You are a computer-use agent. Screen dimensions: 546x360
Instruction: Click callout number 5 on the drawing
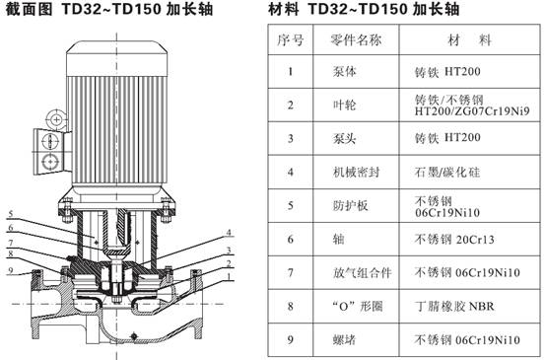[11, 214]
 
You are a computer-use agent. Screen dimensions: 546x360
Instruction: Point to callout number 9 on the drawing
[11, 270]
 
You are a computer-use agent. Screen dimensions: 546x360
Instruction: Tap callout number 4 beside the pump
[229, 233]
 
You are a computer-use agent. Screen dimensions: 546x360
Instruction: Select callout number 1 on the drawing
[229, 276]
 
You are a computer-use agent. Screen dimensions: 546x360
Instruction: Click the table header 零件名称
[356, 40]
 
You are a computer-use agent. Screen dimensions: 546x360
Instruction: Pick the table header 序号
[291, 40]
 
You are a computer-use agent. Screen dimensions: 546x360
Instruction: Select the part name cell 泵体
[344, 71]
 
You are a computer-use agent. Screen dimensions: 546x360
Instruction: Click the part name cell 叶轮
[344, 105]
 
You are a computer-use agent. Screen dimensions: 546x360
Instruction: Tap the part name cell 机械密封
[356, 172]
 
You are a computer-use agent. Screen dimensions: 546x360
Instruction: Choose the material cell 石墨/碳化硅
[447, 172]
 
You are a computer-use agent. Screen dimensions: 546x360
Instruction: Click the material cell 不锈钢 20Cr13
[454, 239]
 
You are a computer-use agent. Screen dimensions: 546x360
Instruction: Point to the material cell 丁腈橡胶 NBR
[454, 307]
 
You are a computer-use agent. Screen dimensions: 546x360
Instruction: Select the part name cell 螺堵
[344, 340]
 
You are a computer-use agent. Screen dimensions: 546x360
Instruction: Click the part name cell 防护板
[350, 205]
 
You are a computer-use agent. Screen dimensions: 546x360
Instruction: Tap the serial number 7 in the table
[291, 272]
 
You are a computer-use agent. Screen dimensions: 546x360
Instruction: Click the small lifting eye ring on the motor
[56, 120]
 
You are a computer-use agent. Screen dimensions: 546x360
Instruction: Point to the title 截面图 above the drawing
[29, 9]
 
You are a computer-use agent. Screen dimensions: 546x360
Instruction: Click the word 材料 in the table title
[284, 9]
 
